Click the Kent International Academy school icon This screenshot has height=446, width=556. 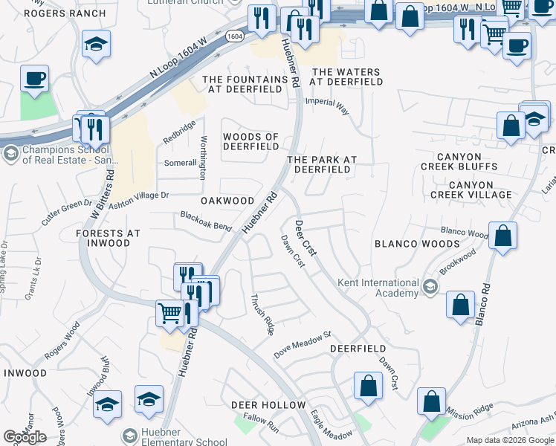[x=430, y=287]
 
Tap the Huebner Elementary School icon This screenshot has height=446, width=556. [x=130, y=435]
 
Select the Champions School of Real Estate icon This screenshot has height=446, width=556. [x=10, y=154]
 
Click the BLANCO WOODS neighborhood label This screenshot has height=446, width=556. [x=417, y=244]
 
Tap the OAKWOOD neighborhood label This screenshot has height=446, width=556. [x=227, y=201]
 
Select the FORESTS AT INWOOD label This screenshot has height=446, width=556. [x=108, y=239]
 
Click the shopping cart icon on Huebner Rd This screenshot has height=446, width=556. [x=170, y=312]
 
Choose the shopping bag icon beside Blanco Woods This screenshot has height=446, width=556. [x=503, y=234]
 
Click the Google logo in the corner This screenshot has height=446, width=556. [x=25, y=437]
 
